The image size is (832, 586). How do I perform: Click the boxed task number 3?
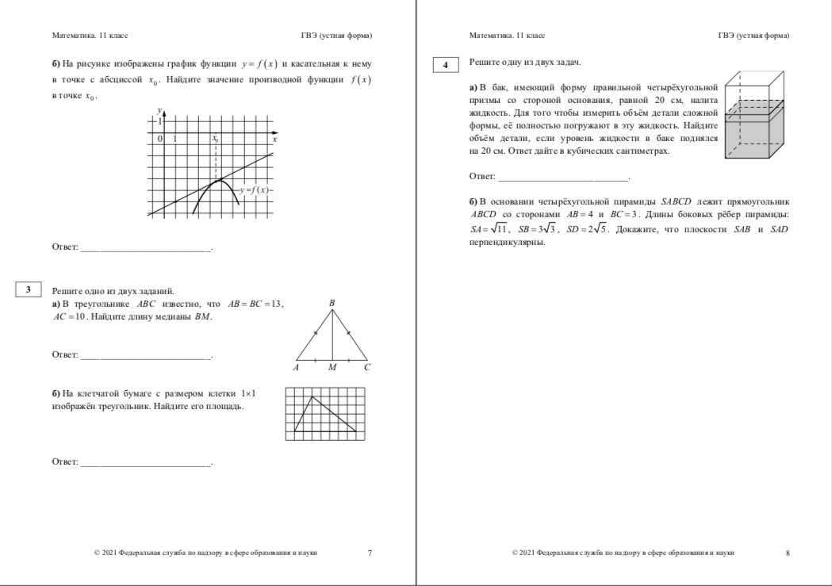[28, 290]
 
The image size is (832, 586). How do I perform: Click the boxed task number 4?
[447, 66]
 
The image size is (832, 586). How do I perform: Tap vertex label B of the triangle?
[332, 302]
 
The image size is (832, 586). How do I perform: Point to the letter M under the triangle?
[332, 368]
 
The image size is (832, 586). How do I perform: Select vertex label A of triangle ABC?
[295, 368]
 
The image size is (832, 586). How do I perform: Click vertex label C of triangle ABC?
[367, 368]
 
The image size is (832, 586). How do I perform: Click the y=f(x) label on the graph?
[255, 190]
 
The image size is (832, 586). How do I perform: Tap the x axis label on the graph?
[274, 139]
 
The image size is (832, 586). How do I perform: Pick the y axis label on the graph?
[159, 109]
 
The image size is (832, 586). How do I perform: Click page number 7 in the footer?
[369, 553]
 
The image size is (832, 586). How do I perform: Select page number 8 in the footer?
[787, 553]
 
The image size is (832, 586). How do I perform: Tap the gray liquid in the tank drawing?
[759, 135]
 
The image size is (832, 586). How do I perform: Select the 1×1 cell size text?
[252, 393]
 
